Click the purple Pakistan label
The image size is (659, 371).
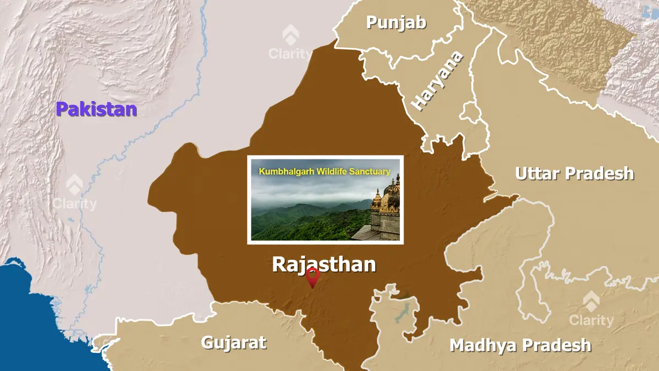pos(96,109)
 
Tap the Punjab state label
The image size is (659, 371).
pos(396,23)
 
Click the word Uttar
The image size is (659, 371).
pos(538,174)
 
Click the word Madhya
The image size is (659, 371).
pos(482,345)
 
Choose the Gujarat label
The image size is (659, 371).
pos(233,342)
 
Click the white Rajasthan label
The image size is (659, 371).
pos(324,264)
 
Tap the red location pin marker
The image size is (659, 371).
pos(312,276)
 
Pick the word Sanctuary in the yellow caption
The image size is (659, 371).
pos(373,171)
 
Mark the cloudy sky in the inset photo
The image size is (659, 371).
pos(308,190)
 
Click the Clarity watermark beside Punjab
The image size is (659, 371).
pos(290,44)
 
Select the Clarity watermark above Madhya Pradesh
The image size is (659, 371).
pos(591,310)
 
